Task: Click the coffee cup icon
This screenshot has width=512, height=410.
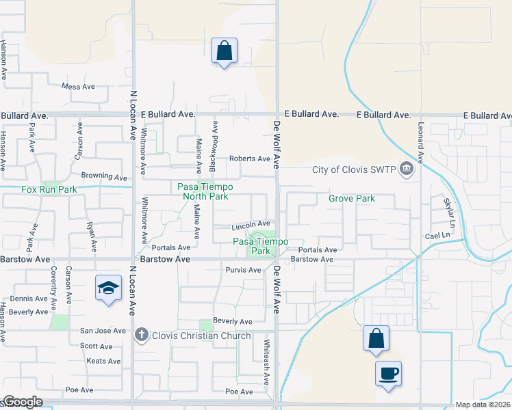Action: [388, 374]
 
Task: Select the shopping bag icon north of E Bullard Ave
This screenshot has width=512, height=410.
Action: [224, 51]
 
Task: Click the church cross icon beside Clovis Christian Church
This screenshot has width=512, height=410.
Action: [142, 336]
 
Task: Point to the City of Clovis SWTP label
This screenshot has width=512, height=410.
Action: [355, 170]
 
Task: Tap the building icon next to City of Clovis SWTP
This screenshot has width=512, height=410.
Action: [407, 168]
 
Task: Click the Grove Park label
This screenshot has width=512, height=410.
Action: [352, 199]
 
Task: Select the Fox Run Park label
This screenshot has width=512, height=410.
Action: [49, 189]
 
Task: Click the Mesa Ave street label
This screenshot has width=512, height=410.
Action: [78, 87]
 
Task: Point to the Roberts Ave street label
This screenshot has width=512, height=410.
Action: [250, 159]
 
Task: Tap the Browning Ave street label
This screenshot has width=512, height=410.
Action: [104, 176]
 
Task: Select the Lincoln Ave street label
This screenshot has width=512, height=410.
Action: [251, 224]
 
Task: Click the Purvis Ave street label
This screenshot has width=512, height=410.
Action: [244, 270]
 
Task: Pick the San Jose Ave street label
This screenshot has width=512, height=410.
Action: [103, 331]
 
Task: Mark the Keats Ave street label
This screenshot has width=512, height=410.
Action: [105, 361]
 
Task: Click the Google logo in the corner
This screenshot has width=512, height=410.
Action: [23, 402]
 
